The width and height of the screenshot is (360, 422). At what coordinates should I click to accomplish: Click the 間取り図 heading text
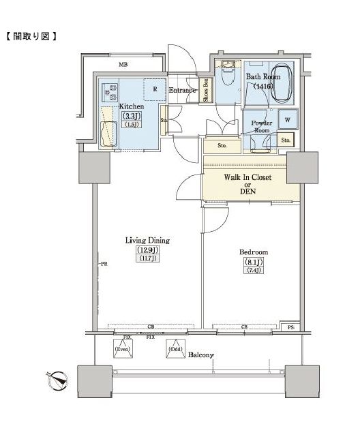32,35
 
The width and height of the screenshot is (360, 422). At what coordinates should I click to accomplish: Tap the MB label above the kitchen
123,65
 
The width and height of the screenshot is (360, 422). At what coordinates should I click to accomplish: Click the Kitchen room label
130,107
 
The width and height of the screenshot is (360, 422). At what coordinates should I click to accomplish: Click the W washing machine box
288,119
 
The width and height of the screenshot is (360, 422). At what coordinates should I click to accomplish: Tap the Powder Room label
263,126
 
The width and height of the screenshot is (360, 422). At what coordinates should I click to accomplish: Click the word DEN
248,192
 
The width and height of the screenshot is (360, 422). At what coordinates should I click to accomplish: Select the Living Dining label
147,240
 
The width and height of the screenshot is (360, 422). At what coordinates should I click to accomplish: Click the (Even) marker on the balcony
123,348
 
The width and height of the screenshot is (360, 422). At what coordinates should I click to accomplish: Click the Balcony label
202,355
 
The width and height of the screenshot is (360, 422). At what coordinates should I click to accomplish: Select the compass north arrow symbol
59,378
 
